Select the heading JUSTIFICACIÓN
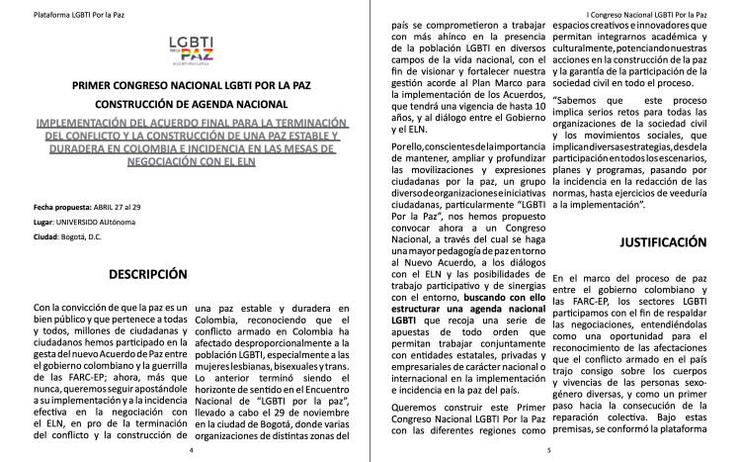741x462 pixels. (x=664, y=241)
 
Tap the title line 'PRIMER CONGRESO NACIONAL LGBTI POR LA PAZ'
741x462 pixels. (x=185, y=86)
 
